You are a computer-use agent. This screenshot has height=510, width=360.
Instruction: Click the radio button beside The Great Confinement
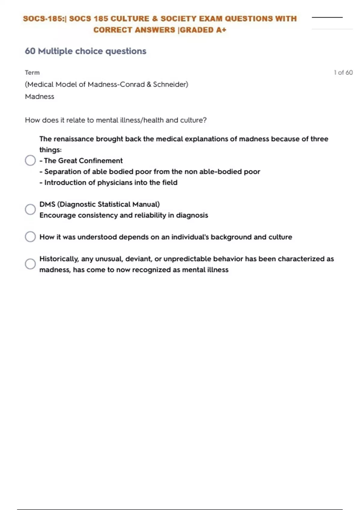pyautogui.click(x=30, y=160)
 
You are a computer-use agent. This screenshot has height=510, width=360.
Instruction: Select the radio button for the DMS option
pyautogui.click(x=30, y=209)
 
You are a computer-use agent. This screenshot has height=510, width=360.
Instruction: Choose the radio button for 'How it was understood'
pyautogui.click(x=30, y=237)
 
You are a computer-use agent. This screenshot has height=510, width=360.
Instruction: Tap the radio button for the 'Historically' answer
pyautogui.click(x=30, y=264)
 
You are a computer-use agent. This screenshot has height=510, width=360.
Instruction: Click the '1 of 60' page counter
pyautogui.click(x=343, y=73)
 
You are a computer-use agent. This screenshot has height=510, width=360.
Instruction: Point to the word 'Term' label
pyautogui.click(x=32, y=73)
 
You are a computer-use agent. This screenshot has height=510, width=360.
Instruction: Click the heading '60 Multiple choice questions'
pyautogui.click(x=85, y=51)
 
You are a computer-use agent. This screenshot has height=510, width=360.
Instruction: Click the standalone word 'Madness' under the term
pyautogui.click(x=40, y=97)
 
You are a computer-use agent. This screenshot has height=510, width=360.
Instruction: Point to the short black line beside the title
pyautogui.click(x=327, y=17)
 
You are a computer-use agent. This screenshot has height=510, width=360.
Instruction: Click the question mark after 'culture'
pyautogui.click(x=205, y=120)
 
